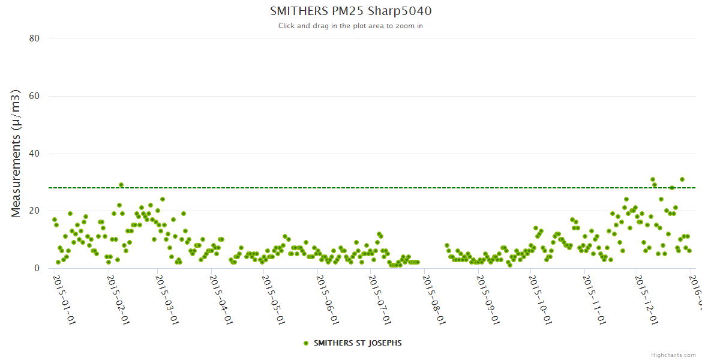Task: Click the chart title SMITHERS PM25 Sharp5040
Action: [x=350, y=11]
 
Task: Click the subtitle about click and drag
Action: [x=350, y=26]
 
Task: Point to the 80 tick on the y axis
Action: [x=34, y=38]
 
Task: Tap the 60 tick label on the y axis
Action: [x=34, y=96]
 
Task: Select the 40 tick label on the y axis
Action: [x=34, y=154]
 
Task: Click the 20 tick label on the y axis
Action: [x=34, y=211]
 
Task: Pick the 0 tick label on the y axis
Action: [x=37, y=268]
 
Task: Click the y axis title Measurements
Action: [x=16, y=153]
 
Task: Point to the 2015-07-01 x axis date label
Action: [x=379, y=298]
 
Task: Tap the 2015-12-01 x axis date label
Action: [x=644, y=298]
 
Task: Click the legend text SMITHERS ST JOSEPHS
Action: [x=358, y=343]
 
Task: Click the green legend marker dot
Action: [x=306, y=343]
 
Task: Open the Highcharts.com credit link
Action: [x=673, y=355]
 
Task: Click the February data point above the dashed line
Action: [x=121, y=185]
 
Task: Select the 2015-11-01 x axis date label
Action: [x=593, y=298]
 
